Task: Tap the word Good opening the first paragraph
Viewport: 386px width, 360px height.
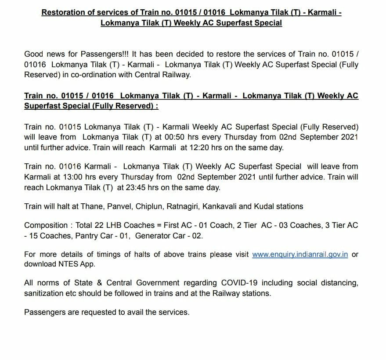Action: point(34,54)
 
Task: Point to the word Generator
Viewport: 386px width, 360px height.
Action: point(154,236)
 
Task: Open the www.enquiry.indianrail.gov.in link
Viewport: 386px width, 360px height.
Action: point(300,255)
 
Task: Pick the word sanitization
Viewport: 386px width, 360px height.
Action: point(45,293)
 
